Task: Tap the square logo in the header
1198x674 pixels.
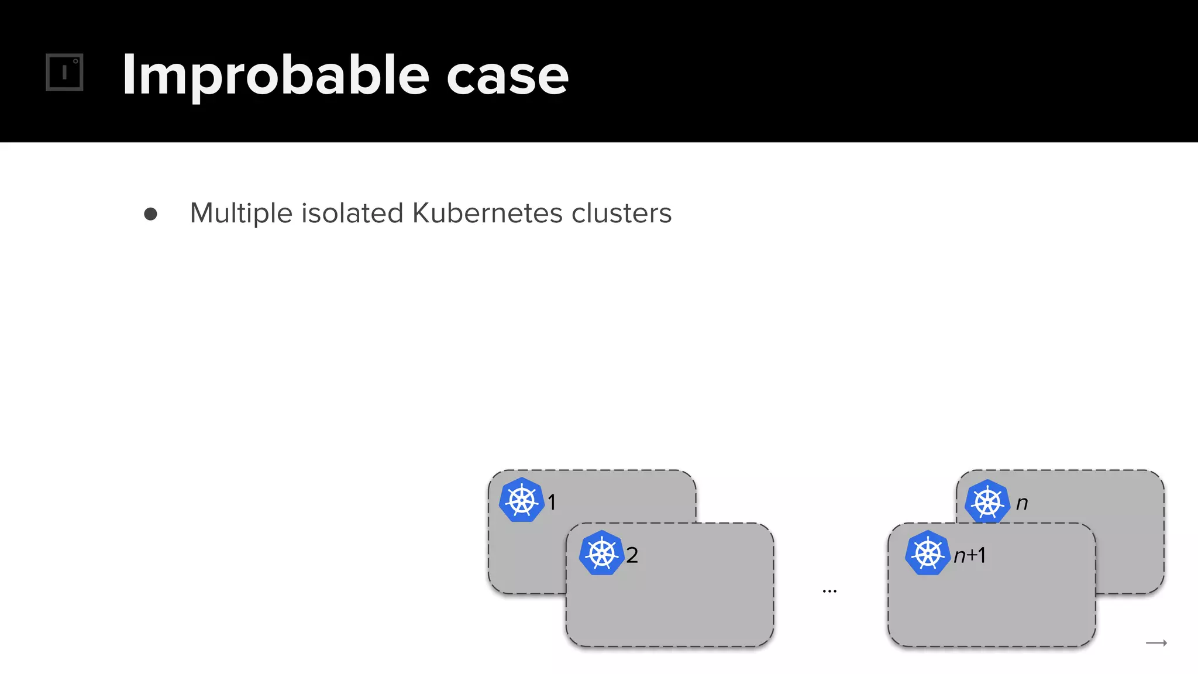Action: click(x=64, y=73)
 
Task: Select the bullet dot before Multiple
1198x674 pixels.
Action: click(x=150, y=214)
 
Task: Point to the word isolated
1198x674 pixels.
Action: click(x=352, y=213)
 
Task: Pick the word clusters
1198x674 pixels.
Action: click(x=621, y=213)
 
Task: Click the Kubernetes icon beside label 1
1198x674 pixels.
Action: click(x=522, y=500)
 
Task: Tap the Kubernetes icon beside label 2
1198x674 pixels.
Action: click(x=601, y=553)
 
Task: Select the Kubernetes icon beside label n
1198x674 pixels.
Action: click(x=987, y=501)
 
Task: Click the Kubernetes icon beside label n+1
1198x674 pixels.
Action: click(x=927, y=553)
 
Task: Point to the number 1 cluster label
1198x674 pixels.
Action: click(x=552, y=502)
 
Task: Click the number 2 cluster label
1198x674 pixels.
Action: click(x=632, y=555)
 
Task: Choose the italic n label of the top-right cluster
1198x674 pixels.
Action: click(x=1022, y=503)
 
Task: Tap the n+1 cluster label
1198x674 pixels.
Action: click(x=970, y=555)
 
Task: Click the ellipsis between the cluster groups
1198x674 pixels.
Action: click(x=829, y=592)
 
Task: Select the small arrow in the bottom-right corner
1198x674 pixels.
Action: click(x=1156, y=643)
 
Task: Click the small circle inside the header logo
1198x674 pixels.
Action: click(x=75, y=61)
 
